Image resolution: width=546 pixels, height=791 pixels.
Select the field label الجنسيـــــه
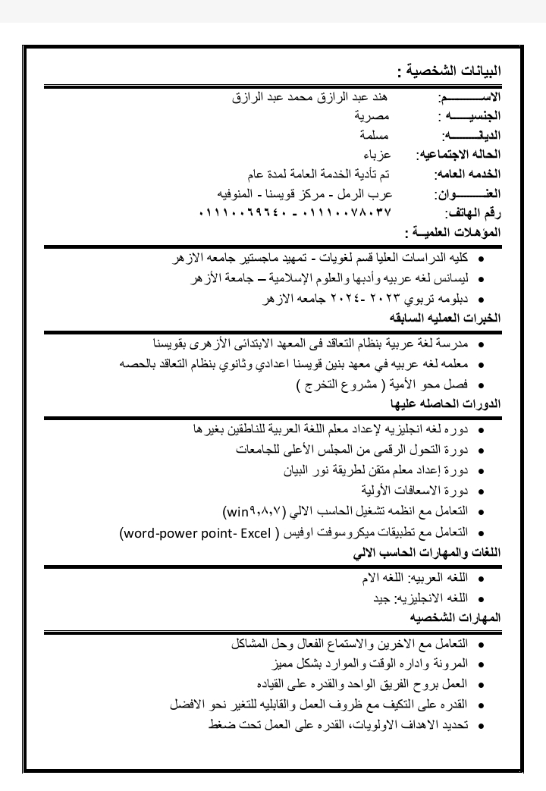(469, 117)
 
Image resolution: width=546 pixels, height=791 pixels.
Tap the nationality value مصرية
(372, 117)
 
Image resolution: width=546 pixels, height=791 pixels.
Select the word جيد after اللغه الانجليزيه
(381, 598)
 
